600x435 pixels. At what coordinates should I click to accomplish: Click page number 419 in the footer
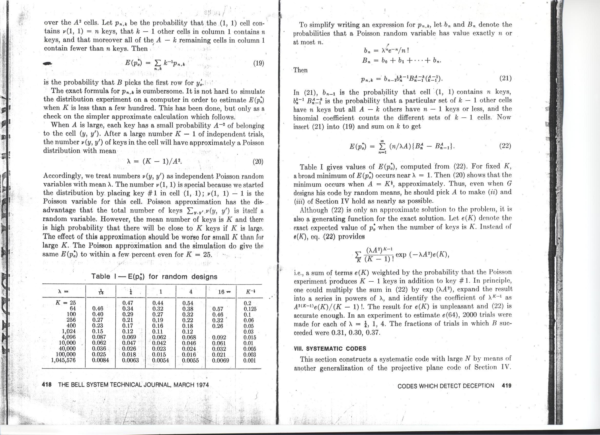(x=506, y=385)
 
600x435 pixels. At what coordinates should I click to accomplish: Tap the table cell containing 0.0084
(x=101, y=360)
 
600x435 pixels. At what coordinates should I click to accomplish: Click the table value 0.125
(x=250, y=309)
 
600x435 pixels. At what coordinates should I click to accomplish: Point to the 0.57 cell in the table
(x=218, y=309)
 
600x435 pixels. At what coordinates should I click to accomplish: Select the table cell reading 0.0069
(x=220, y=360)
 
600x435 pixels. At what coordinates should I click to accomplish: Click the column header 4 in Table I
(x=191, y=292)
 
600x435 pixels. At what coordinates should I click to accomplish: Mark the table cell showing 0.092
(x=219, y=338)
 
